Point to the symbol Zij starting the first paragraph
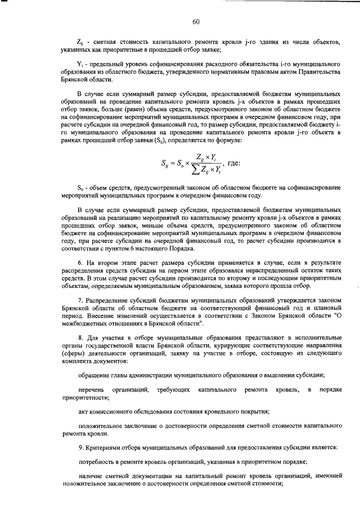pyautogui.click(x=80, y=42)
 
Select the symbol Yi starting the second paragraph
pyautogui.click(x=80, y=65)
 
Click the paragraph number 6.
pyautogui.click(x=80, y=263)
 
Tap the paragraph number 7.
pyautogui.click(x=80, y=300)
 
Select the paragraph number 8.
pyautogui.click(x=80, y=337)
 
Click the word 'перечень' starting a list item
pyautogui.click(x=92, y=389)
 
